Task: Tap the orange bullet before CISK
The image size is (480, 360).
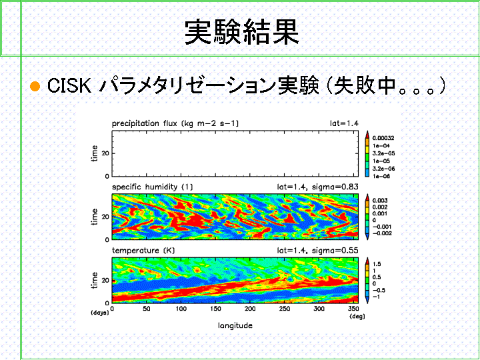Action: [x=35, y=86]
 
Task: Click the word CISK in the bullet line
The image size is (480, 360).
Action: [x=69, y=85]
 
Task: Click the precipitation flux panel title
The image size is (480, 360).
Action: [x=175, y=123]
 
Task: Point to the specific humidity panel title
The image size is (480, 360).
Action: [x=153, y=187]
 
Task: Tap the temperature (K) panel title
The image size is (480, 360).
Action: [x=143, y=251]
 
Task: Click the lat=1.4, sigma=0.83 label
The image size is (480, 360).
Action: [x=317, y=187]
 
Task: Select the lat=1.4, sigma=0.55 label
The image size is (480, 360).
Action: [x=317, y=251]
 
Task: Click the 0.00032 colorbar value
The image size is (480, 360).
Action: [x=383, y=138]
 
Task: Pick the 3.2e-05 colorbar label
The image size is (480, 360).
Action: [x=383, y=153]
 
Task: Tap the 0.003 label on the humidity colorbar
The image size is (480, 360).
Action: [x=380, y=201]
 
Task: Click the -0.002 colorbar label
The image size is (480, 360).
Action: [x=382, y=233]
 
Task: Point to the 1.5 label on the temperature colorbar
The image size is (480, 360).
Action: [x=377, y=264]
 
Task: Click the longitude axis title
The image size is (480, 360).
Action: [x=235, y=325]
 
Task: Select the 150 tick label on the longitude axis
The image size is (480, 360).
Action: [x=215, y=309]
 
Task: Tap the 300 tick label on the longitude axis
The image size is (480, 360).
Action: [x=319, y=309]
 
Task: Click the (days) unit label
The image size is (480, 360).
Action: [x=100, y=313]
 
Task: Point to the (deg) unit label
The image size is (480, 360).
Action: [x=357, y=316]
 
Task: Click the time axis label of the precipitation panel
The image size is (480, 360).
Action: [x=95, y=153]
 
